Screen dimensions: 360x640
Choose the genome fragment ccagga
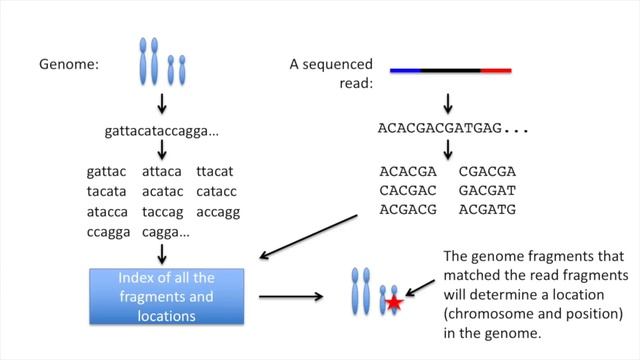pyautogui.click(x=108, y=229)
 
